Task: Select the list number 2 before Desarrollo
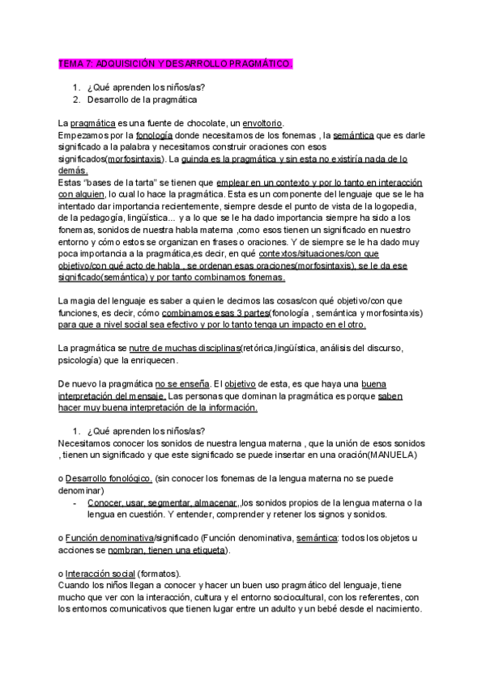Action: (x=76, y=100)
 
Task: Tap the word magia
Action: (x=88, y=302)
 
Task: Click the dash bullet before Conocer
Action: (x=75, y=502)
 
